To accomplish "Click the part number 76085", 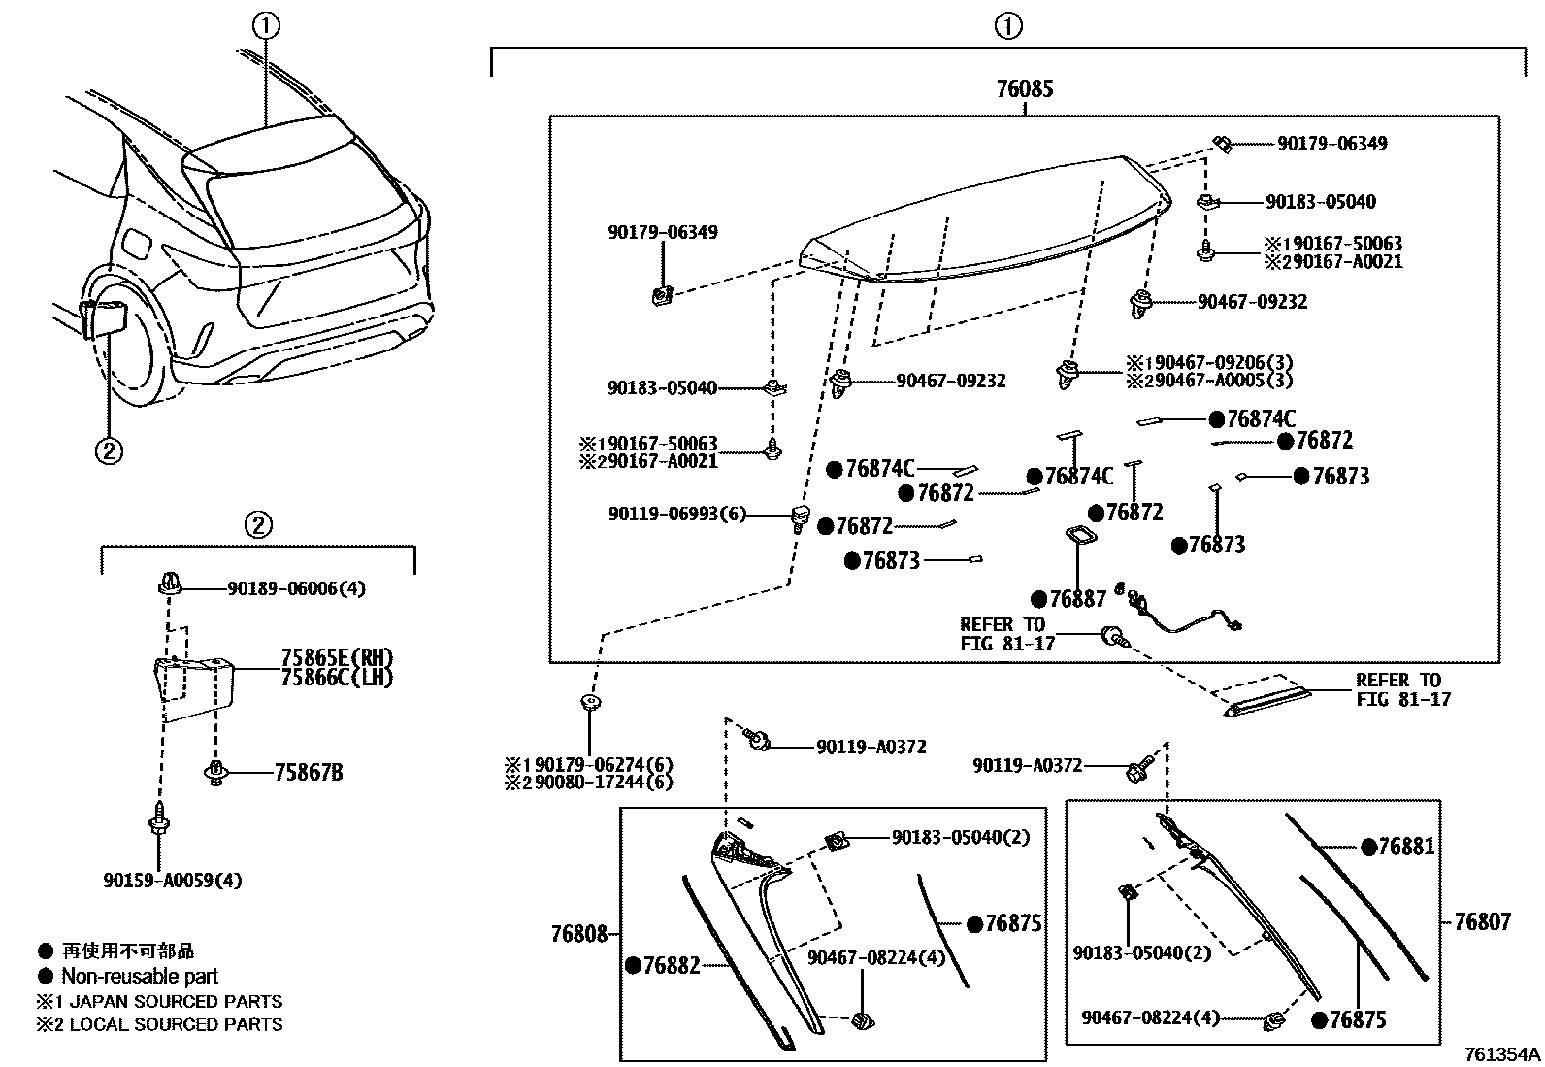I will [1024, 90].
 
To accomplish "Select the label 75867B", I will [308, 773].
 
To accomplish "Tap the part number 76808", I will [578, 934].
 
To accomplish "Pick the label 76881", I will [1405, 847].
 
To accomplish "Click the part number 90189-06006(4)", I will [296, 588].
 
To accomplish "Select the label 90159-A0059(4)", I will [172, 881].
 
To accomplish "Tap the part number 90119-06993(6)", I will [677, 515].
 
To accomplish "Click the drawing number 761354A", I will [1502, 1054].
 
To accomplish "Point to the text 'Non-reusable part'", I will [140, 976].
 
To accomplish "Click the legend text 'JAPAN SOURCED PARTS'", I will [174, 1001].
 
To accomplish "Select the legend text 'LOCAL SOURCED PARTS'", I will [174, 1024].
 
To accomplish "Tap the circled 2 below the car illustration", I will [108, 450].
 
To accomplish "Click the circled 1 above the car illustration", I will [266, 27].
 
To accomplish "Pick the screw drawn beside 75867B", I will [214, 773].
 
